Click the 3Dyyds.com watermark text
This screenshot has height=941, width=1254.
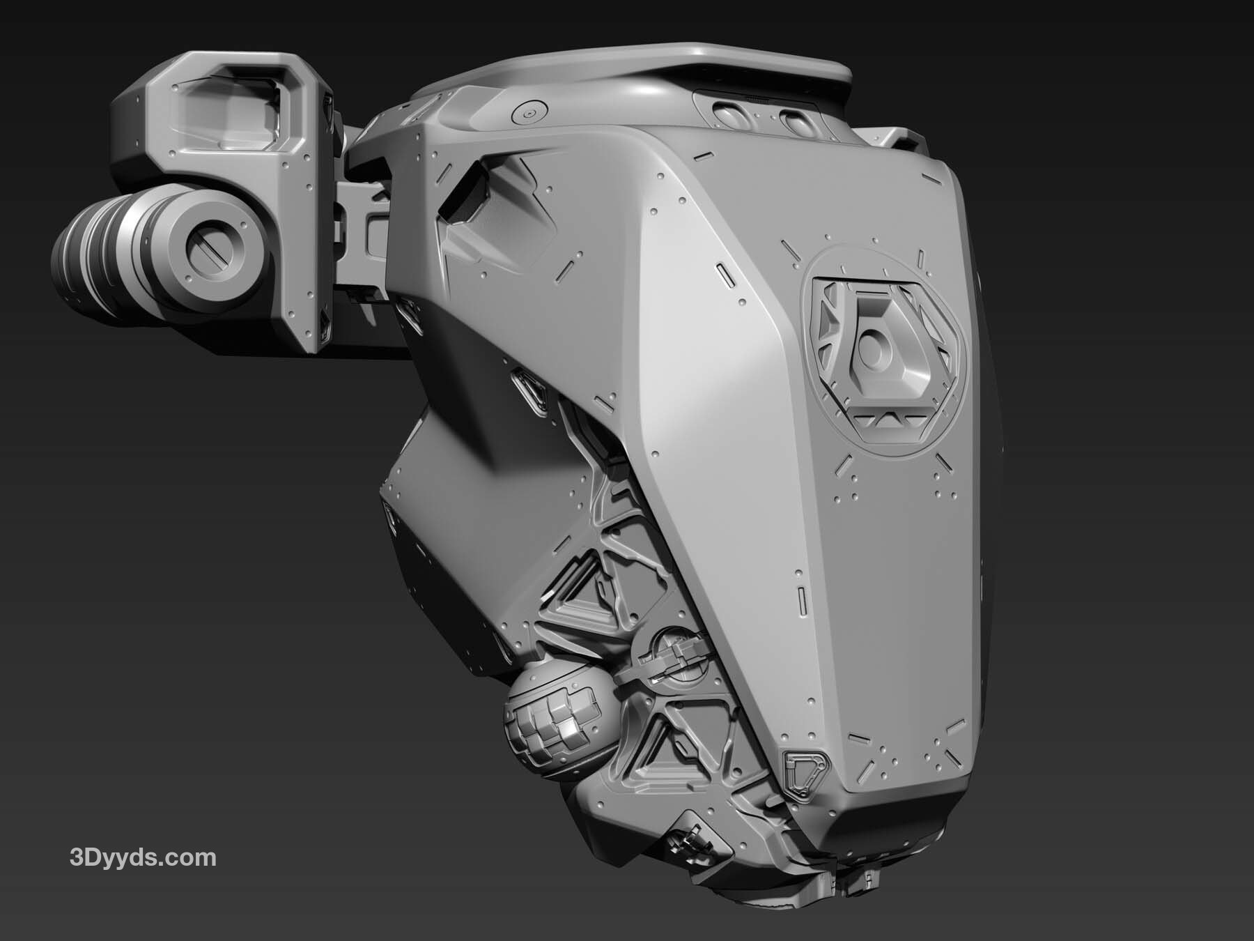(x=144, y=857)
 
